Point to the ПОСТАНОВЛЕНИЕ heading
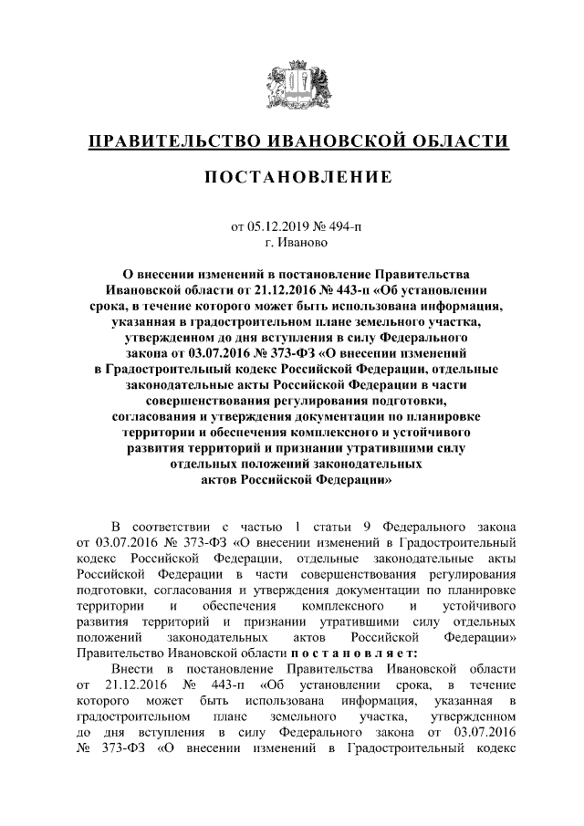292,175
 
